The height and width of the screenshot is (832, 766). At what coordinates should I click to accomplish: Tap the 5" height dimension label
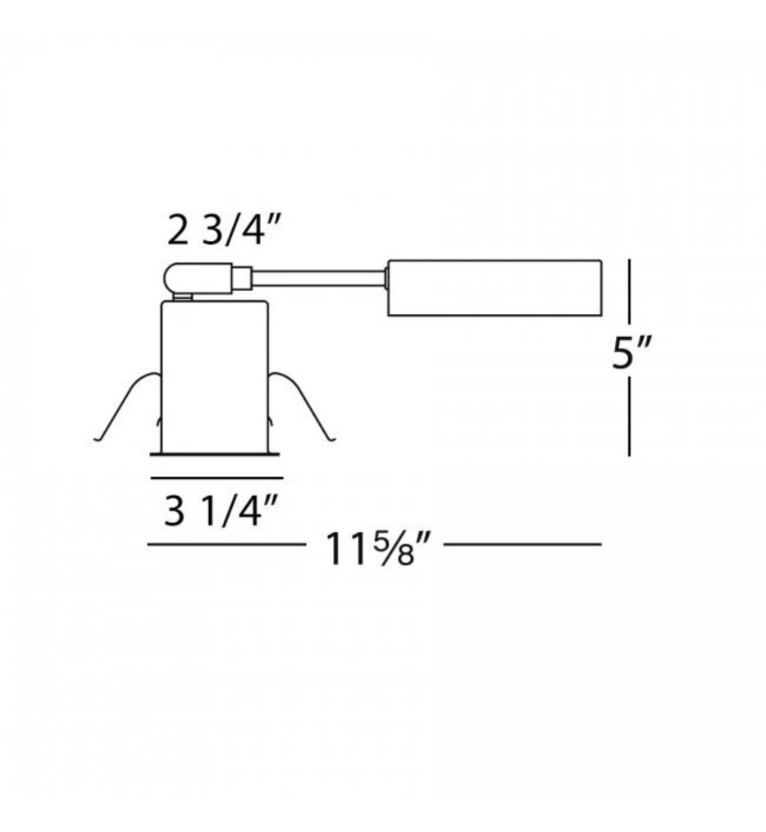click(x=631, y=356)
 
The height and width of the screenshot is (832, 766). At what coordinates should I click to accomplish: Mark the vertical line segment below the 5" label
click(x=629, y=418)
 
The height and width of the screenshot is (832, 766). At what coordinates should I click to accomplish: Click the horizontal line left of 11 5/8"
click(x=226, y=543)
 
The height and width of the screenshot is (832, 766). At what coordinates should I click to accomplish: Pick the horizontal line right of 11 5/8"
click(x=522, y=543)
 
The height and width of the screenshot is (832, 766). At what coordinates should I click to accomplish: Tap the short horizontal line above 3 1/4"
click(x=217, y=476)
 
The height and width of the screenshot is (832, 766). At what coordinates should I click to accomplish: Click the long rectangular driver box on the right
click(x=495, y=288)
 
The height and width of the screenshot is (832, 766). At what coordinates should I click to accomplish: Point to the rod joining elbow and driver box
click(x=318, y=278)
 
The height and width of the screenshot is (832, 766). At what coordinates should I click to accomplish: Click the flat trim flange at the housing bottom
click(x=217, y=451)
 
